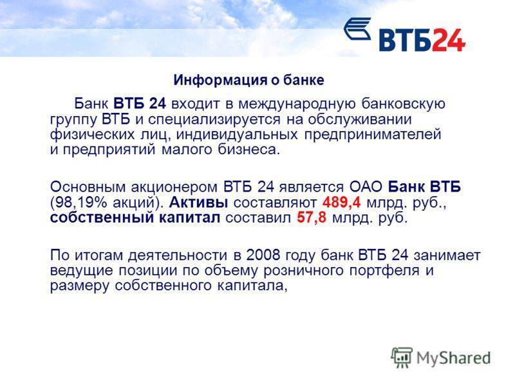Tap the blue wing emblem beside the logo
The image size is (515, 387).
[357, 29]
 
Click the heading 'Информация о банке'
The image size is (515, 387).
[248, 80]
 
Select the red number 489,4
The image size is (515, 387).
[342, 203]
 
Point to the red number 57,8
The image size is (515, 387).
[312, 217]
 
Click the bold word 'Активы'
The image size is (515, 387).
[199, 203]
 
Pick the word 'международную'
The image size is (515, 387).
[297, 104]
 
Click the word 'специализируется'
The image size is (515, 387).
[214, 119]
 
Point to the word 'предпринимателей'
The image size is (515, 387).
[373, 135]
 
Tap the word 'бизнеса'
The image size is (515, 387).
[249, 150]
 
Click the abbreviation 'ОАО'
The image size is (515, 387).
[366, 187]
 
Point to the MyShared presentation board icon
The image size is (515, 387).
[402, 357]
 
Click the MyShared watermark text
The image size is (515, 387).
[454, 358]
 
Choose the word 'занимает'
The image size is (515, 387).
[447, 255]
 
